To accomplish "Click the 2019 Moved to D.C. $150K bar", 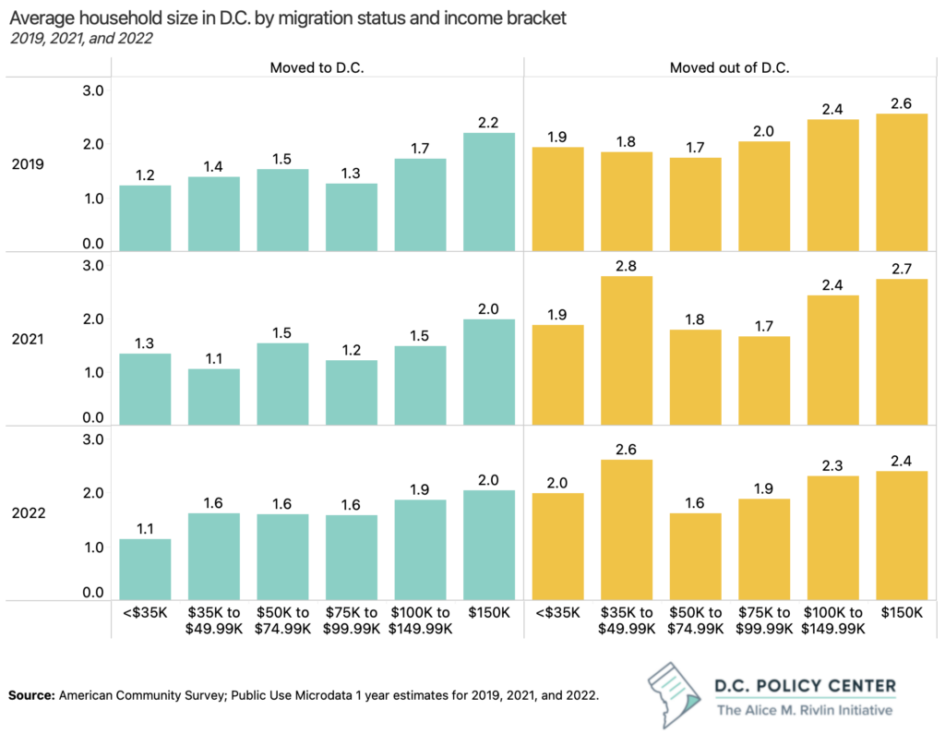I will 489,192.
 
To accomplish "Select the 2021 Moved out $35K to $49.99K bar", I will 627,351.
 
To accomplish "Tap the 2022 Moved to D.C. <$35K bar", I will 145,570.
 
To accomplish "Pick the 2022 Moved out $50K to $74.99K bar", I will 695,557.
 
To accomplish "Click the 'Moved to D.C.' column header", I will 316,67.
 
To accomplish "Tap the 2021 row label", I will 28,338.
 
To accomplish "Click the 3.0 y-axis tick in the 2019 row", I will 92,90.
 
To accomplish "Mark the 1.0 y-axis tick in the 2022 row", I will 92,547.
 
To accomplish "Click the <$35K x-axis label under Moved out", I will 557,613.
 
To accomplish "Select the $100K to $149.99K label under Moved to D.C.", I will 420,620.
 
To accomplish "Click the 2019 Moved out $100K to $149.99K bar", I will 832,185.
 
